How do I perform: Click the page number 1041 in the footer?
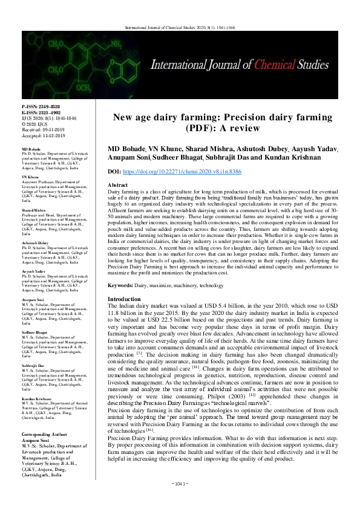point(180,501)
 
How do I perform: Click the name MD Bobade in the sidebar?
point(31,148)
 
